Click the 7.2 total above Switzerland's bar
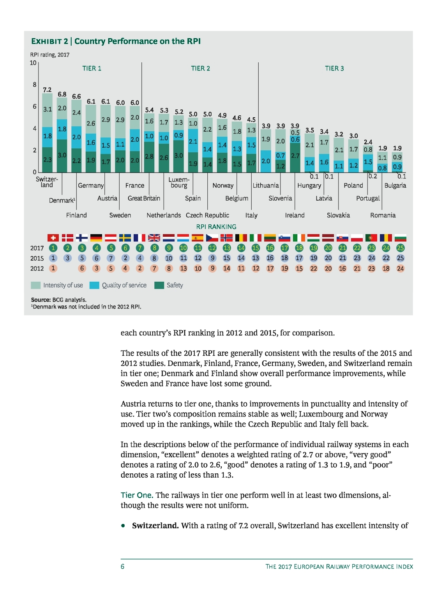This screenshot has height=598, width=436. [47, 90]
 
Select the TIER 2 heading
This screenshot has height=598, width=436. [200, 69]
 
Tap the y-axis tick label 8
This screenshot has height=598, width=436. [35, 85]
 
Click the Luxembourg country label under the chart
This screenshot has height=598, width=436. [179, 182]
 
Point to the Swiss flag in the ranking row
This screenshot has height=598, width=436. [53, 238]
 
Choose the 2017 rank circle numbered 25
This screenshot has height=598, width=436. [400, 248]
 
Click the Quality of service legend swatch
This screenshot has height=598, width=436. [94, 285]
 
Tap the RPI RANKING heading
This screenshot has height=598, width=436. [216, 227]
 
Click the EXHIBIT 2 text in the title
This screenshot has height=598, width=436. [49, 41]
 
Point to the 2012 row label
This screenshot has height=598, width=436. [37, 268]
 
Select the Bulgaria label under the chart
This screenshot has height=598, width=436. [395, 186]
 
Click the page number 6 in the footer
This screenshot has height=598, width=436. [122, 566]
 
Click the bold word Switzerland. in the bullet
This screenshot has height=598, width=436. [155, 526]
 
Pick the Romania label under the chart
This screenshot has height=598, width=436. [383, 215]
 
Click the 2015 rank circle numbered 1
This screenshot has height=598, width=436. [53, 258]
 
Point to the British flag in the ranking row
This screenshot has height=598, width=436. [154, 238]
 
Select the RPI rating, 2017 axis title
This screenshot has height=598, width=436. [50, 55]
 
